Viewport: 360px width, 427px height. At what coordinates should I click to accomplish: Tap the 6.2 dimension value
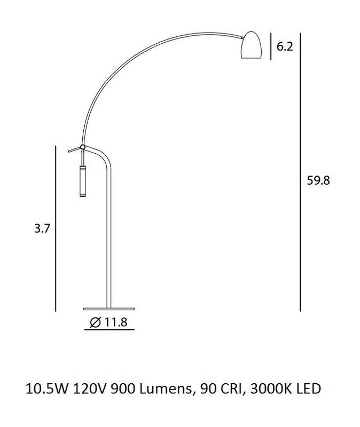pyautogui.click(x=285, y=46)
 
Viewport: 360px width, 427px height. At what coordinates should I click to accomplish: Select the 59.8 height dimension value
pyautogui.click(x=318, y=180)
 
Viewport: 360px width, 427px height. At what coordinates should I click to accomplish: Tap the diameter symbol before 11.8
pyautogui.click(x=96, y=322)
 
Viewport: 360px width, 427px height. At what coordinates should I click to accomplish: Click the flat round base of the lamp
pyautogui.click(x=108, y=309)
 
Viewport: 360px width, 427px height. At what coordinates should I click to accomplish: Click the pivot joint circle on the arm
pyautogui.click(x=83, y=147)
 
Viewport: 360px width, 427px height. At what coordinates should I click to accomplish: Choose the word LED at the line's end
pyautogui.click(x=307, y=388)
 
